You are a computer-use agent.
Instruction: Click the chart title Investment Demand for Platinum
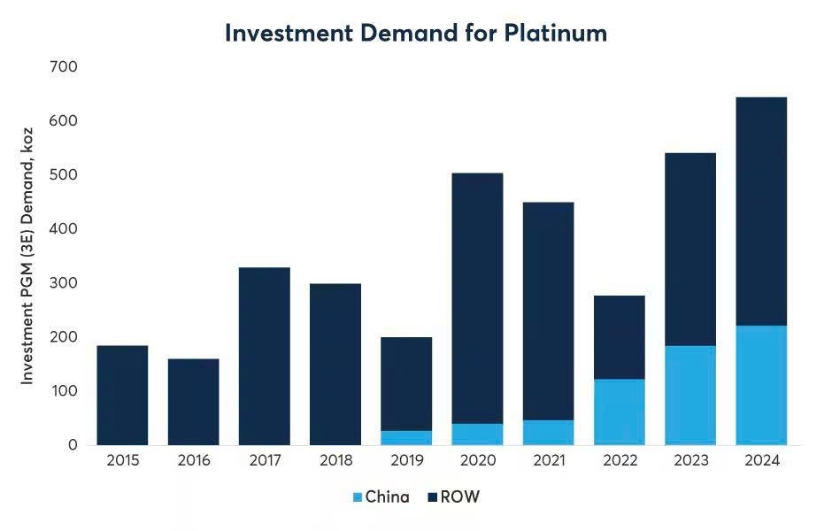click(416, 33)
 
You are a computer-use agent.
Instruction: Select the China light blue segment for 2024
click(760, 385)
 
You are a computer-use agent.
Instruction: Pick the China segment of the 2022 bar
click(619, 412)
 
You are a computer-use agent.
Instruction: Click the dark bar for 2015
click(122, 395)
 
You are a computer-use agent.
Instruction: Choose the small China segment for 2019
click(406, 437)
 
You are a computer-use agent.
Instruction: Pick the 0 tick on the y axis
click(73, 445)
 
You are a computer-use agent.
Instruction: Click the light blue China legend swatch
click(358, 497)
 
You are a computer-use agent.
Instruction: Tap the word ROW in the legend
click(460, 497)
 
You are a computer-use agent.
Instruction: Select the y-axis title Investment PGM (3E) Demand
click(27, 257)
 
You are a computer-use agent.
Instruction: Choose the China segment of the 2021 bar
click(548, 432)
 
